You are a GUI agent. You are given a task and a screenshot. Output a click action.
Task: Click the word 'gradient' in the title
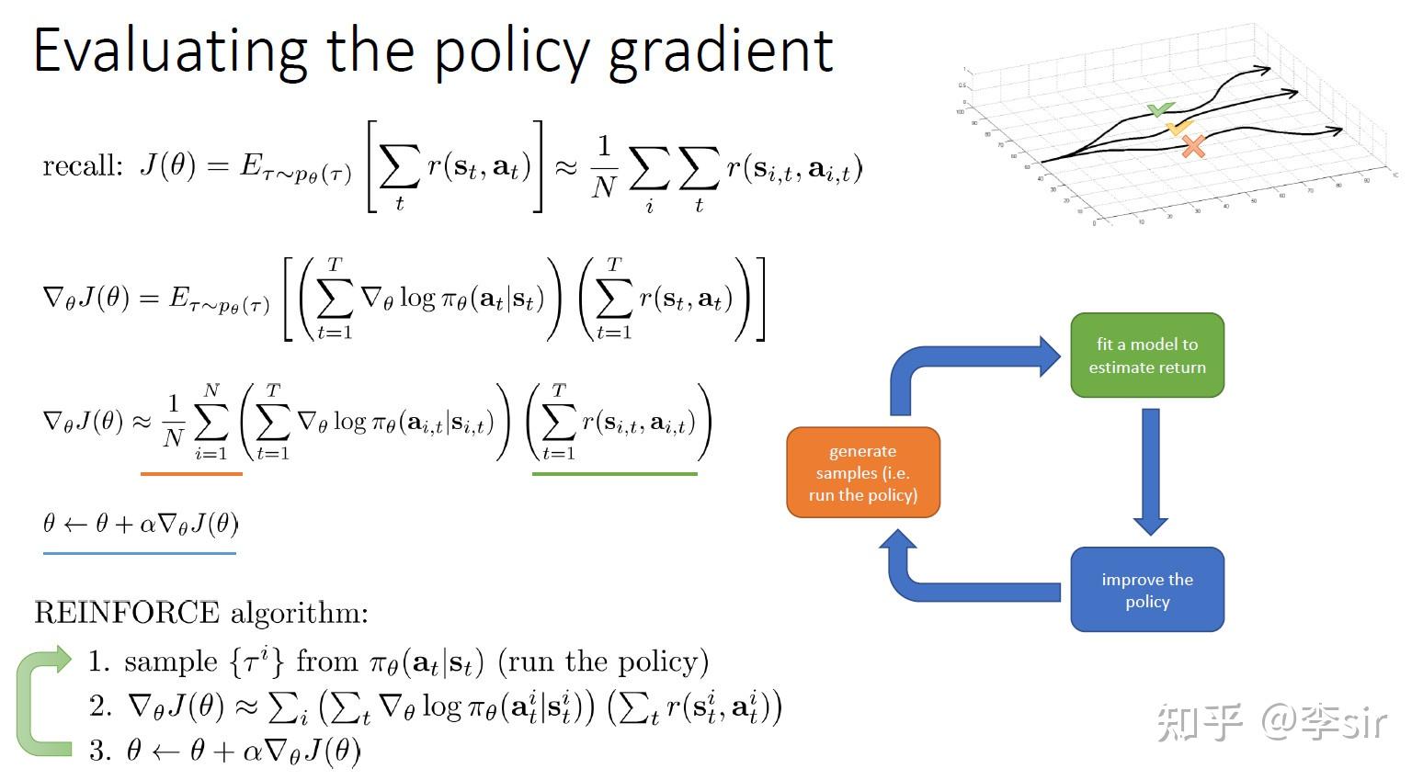tap(721, 51)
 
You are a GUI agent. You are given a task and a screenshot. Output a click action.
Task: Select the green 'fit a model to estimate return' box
tap(1146, 356)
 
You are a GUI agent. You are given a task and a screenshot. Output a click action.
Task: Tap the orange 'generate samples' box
tap(862, 472)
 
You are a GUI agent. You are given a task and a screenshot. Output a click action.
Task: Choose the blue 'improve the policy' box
tap(1146, 590)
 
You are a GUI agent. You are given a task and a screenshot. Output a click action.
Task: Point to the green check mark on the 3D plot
tap(1160, 110)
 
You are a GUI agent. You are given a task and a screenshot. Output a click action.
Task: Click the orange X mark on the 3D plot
tap(1193, 146)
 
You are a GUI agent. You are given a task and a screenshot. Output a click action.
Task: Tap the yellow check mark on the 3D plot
tap(1178, 128)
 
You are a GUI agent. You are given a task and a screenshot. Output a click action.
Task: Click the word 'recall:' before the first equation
tap(82, 166)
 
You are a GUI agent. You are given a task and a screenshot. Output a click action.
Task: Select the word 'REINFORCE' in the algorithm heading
tap(127, 613)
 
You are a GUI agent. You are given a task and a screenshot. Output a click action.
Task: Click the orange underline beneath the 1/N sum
tap(191, 473)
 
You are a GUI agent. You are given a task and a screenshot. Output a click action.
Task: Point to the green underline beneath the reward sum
tap(614, 473)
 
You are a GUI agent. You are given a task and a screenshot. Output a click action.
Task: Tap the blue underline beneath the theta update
tap(139, 553)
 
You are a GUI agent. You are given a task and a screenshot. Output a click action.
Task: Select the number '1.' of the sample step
tap(99, 662)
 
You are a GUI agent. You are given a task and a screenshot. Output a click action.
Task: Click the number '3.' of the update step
tap(99, 751)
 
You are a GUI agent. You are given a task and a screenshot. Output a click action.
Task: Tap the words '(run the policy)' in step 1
tap(603, 662)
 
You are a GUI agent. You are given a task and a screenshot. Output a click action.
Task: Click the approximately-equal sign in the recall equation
tap(565, 167)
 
